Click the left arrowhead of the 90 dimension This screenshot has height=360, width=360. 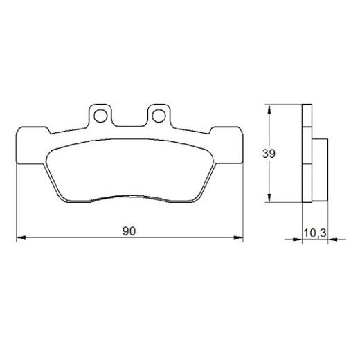coord(19,239)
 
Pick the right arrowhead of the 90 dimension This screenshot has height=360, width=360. coord(241,239)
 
